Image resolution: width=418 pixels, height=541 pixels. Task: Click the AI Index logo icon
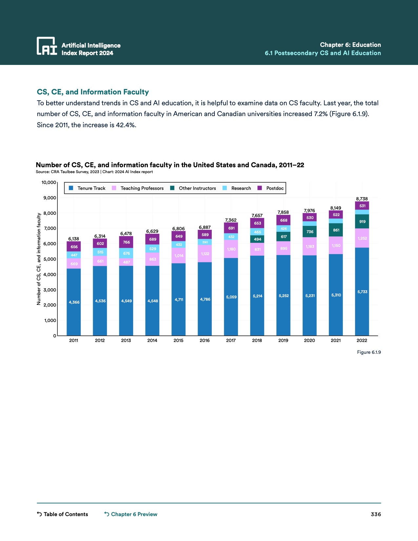[x=47, y=46]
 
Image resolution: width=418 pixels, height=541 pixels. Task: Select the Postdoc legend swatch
[x=260, y=188]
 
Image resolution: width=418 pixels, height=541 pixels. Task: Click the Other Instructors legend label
[x=197, y=188]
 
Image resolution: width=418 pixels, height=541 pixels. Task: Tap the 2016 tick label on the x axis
[x=205, y=340]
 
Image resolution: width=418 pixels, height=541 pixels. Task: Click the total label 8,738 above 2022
[x=362, y=199]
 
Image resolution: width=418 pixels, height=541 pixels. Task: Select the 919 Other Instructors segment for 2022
[x=362, y=222]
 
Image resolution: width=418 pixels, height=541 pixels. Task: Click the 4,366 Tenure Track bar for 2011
[x=74, y=302]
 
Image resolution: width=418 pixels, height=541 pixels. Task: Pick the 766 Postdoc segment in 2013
[x=126, y=242]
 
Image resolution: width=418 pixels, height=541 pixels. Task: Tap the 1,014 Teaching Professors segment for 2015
[x=179, y=256]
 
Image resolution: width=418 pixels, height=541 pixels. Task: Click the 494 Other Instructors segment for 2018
[x=257, y=239]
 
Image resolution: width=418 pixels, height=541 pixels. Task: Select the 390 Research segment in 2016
[x=205, y=242]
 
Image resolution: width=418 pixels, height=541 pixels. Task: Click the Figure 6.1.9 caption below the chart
[x=369, y=352]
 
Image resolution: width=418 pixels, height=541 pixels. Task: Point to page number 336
[x=376, y=514]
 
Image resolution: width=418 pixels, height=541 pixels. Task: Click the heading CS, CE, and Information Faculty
[x=93, y=92]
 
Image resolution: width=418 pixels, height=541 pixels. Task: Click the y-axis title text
[x=39, y=259]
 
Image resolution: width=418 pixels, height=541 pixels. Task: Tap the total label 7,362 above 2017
[x=231, y=220]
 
